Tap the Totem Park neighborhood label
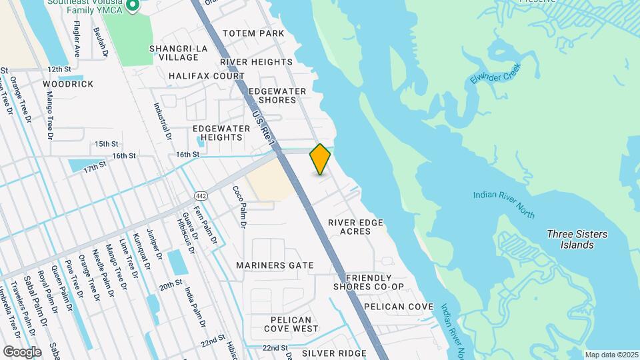pos(253,33)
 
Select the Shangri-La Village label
pos(178,53)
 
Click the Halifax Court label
pos(207,76)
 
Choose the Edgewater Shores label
pos(277,95)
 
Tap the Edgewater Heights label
pos(217,133)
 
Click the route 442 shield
pos(200,195)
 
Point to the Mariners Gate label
pos(275,265)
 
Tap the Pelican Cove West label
pos(291,323)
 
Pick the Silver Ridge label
pos(334,353)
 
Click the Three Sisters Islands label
pos(577,239)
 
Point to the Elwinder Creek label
pos(495,84)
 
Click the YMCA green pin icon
pos(132,6)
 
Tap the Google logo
pos(22,351)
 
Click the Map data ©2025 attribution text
pos(611,355)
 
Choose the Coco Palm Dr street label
pos(239,207)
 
